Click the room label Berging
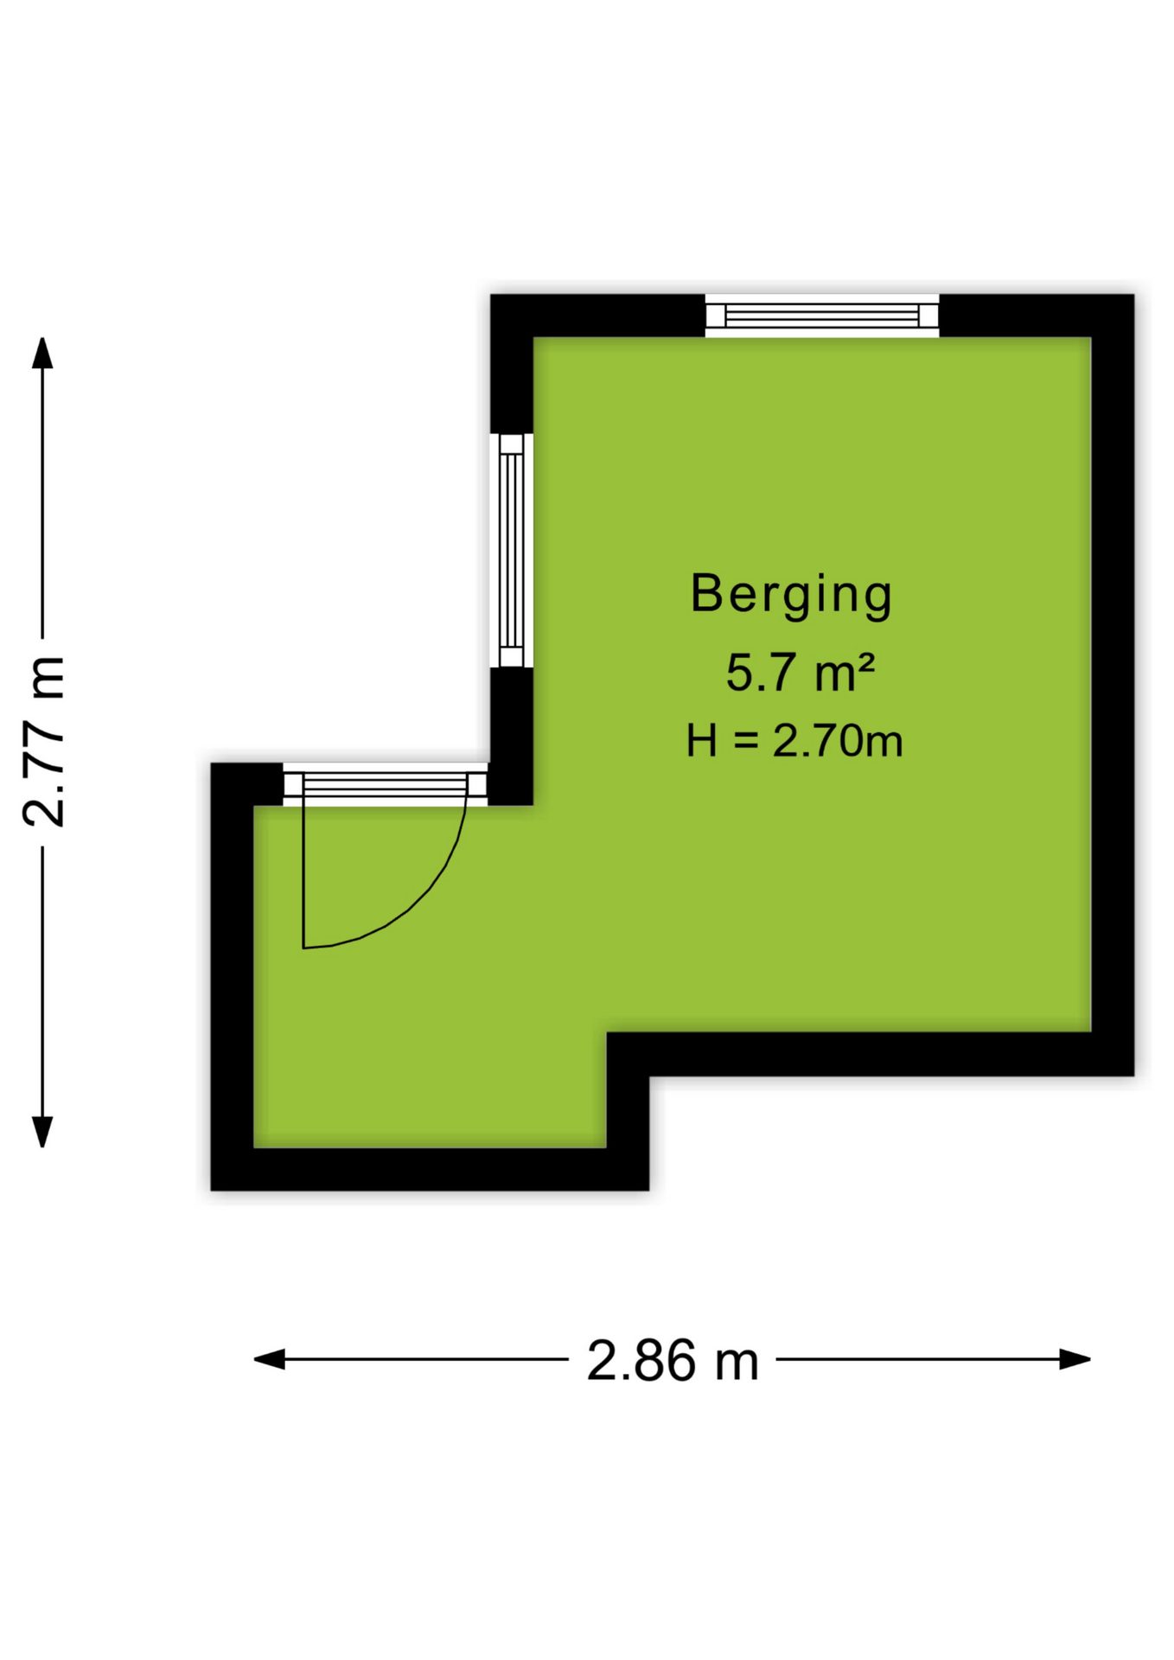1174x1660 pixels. (x=791, y=595)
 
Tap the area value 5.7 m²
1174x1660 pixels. (x=800, y=673)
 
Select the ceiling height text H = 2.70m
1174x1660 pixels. (x=794, y=741)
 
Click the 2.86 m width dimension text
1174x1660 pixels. (x=673, y=1361)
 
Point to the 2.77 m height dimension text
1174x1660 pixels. (x=43, y=741)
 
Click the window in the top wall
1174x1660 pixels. (x=821, y=316)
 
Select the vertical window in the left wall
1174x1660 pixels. (x=511, y=550)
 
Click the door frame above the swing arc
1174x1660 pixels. (x=386, y=785)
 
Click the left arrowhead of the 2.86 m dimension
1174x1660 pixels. (x=269, y=1360)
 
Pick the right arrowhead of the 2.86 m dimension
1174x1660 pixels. (x=1075, y=1360)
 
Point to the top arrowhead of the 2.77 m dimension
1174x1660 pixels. (x=42, y=353)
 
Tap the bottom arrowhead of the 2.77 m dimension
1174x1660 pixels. (x=42, y=1132)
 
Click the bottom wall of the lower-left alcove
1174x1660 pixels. (x=430, y=1169)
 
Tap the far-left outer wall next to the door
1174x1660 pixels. (x=232, y=977)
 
